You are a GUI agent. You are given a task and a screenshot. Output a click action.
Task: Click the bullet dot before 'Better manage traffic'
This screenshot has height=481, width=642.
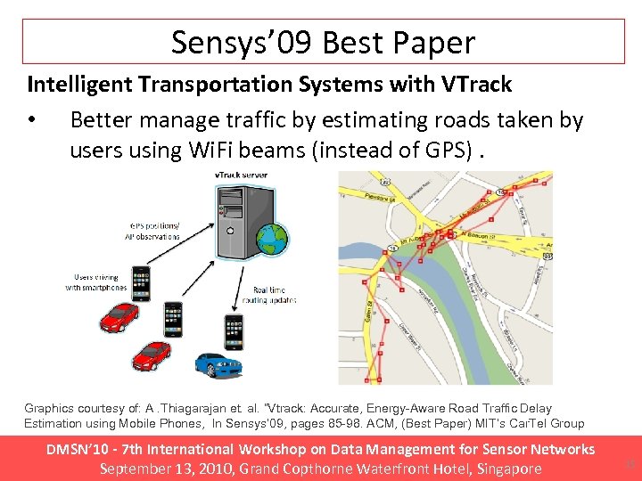(32, 120)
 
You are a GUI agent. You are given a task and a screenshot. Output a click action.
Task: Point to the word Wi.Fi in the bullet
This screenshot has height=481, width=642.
(217, 151)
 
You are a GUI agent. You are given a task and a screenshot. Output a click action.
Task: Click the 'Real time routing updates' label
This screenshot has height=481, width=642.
(275, 297)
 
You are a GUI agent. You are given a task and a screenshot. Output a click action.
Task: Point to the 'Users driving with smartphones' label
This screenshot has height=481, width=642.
(95, 283)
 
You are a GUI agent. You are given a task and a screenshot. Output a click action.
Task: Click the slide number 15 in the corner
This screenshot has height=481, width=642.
(631, 463)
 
